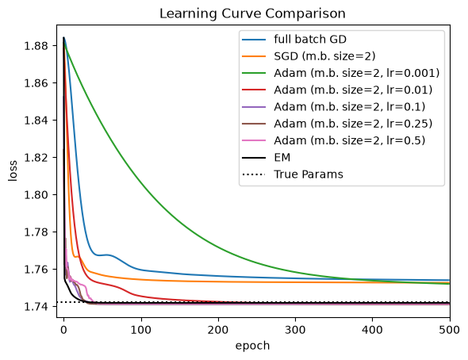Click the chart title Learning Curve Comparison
coord(252,13)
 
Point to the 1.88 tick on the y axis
coord(36,46)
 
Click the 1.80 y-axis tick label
coord(36,195)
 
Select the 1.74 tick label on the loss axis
coord(36,307)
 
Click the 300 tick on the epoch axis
coord(296,330)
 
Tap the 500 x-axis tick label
coord(450,330)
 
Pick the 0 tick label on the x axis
coord(63,330)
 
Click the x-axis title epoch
coord(252,346)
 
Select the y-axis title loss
coord(13,170)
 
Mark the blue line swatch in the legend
coord(254,40)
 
